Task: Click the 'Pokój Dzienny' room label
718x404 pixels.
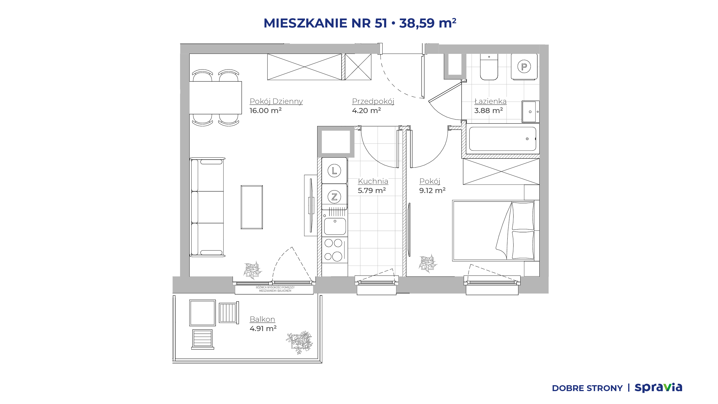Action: click(276, 101)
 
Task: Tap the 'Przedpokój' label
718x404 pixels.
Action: click(373, 101)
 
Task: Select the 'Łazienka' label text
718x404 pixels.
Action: click(490, 101)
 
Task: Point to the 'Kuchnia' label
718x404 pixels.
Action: click(373, 181)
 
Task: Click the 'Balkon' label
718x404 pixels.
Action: click(262, 319)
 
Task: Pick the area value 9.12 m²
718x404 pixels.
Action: click(432, 190)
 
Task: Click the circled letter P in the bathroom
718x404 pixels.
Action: click(524, 67)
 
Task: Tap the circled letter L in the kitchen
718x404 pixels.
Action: click(334, 171)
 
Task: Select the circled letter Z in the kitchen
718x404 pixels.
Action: click(334, 197)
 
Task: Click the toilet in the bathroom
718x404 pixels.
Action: click(489, 67)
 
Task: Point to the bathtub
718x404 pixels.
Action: click(502, 139)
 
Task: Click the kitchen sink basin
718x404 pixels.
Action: click(335, 226)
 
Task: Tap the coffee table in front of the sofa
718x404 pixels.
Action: click(252, 207)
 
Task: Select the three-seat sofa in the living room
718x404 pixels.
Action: click(208, 207)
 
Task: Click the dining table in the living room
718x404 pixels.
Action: click(215, 98)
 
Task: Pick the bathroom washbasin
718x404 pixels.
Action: click(530, 112)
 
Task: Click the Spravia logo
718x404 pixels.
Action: click(658, 387)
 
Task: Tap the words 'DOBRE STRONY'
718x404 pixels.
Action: click(587, 388)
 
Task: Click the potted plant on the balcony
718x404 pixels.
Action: click(300, 342)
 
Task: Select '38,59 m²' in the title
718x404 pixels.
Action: click(428, 23)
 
